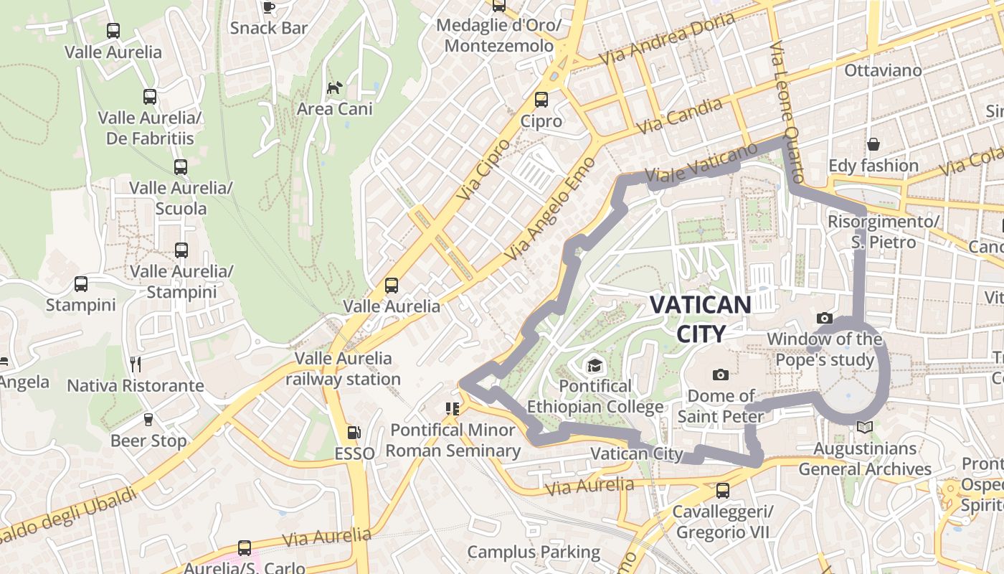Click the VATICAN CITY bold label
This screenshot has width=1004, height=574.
(x=700, y=319)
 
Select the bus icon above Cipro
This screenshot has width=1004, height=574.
(x=541, y=100)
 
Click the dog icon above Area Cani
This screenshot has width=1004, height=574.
(x=334, y=88)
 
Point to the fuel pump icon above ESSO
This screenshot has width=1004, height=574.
(x=354, y=433)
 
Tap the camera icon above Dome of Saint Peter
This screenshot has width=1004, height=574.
(x=721, y=375)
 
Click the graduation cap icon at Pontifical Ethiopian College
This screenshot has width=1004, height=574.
(x=595, y=366)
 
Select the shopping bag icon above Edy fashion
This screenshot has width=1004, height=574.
(x=873, y=144)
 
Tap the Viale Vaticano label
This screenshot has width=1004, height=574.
(x=701, y=163)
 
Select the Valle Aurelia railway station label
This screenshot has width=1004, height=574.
(x=344, y=369)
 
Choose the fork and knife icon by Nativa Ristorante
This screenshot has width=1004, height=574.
(x=135, y=364)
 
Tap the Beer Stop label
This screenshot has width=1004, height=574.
(x=148, y=441)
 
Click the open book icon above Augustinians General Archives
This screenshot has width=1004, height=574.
(x=865, y=428)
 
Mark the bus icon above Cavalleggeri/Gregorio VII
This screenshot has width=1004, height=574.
(x=723, y=491)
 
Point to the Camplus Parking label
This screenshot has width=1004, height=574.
(x=534, y=552)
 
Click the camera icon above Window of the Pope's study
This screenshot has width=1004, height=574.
(x=825, y=318)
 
